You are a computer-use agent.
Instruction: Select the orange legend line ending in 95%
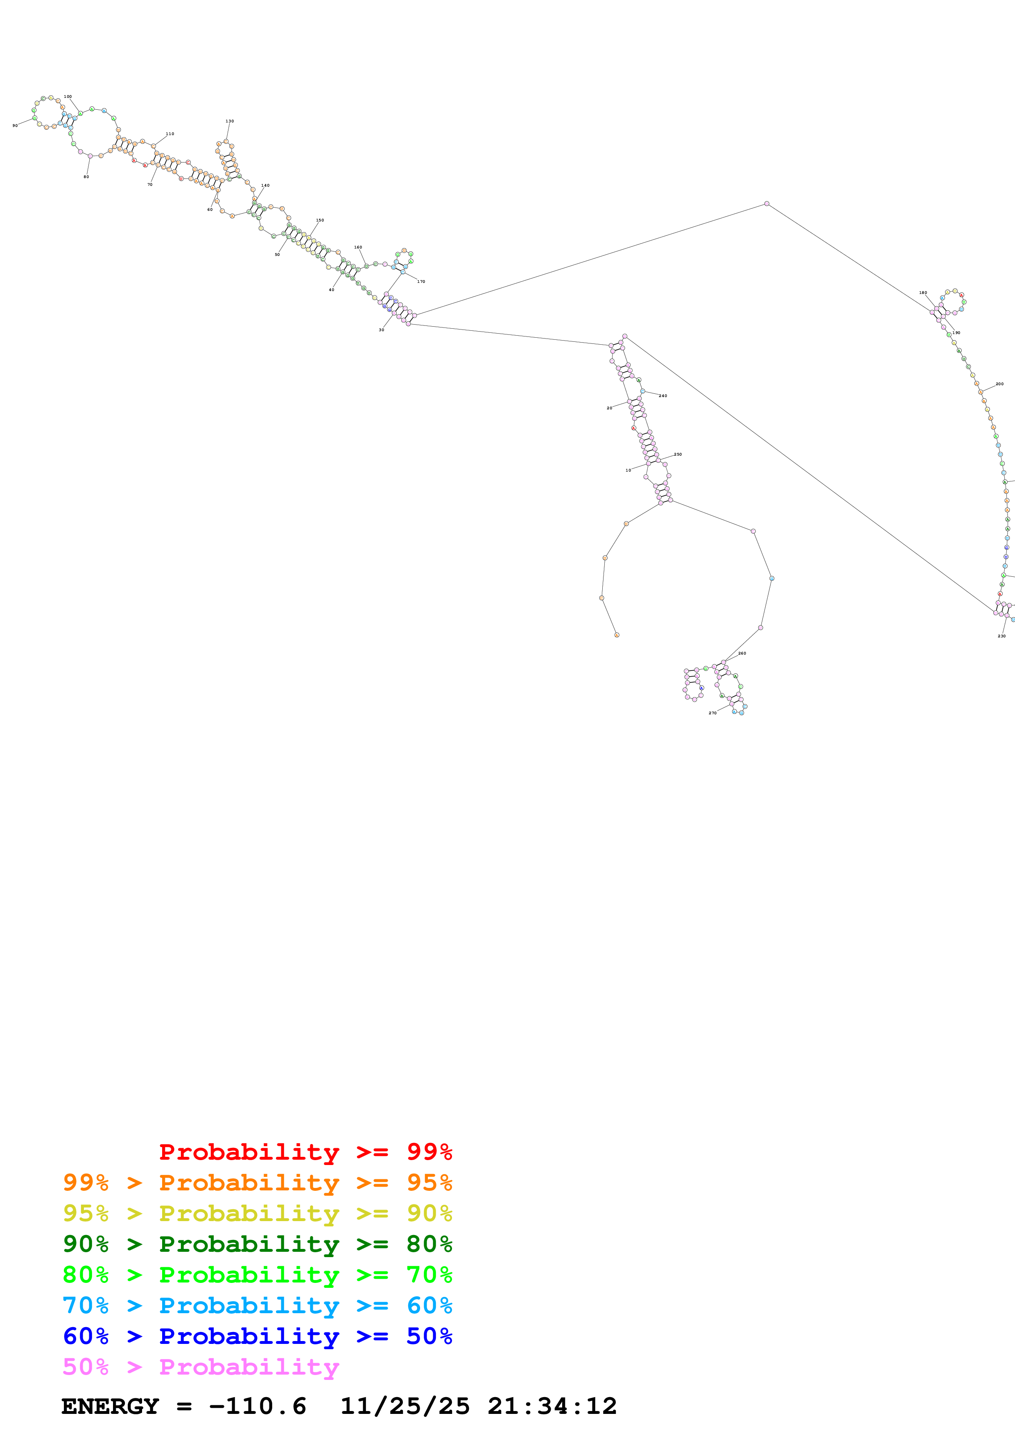[257, 1183]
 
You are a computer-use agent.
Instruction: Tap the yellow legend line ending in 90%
[257, 1213]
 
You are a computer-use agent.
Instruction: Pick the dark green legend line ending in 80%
[257, 1244]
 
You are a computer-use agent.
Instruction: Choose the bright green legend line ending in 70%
[257, 1275]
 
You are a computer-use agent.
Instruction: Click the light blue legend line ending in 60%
[257, 1305]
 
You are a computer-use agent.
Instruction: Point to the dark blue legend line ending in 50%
[257, 1336]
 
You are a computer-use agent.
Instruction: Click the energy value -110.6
[258, 1407]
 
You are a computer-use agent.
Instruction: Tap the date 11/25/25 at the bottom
[405, 1407]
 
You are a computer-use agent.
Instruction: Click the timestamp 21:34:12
[552, 1407]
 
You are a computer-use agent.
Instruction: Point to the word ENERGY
[110, 1407]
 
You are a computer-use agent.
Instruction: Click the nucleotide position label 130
[230, 121]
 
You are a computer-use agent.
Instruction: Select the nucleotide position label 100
[68, 97]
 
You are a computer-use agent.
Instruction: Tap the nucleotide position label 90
[15, 126]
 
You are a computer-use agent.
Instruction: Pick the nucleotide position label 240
[663, 396]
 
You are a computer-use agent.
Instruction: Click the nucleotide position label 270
[712, 713]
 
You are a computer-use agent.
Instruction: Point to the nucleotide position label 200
[999, 384]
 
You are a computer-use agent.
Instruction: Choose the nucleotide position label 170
[421, 282]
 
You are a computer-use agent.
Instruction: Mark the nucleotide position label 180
[923, 293]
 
